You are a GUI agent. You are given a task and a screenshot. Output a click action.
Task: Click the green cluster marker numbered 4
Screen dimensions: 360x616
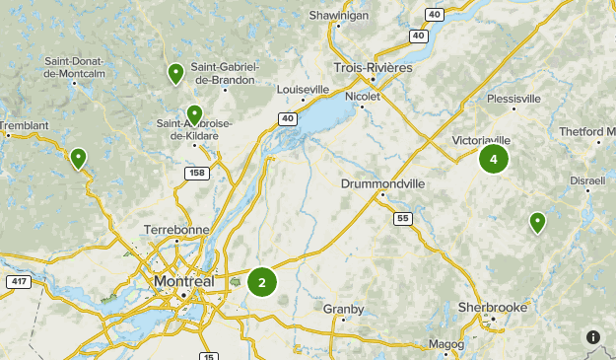click(x=493, y=158)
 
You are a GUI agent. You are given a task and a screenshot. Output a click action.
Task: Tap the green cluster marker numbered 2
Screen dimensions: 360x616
click(x=262, y=283)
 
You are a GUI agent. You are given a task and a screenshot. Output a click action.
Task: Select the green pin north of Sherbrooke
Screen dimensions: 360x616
click(x=537, y=222)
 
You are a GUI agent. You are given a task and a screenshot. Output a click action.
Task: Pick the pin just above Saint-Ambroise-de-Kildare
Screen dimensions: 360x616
click(x=195, y=114)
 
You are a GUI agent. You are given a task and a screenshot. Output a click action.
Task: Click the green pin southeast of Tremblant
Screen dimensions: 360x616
click(x=78, y=157)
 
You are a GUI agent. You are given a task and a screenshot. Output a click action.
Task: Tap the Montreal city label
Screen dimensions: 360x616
click(x=183, y=282)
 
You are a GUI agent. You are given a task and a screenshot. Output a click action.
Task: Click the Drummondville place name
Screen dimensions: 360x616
click(x=382, y=183)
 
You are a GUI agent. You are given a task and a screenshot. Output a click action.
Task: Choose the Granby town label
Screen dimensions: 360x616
click(x=343, y=309)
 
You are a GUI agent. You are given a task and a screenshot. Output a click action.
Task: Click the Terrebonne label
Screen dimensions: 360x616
click(x=176, y=229)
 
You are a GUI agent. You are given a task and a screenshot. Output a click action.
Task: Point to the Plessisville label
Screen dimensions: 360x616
click(x=513, y=99)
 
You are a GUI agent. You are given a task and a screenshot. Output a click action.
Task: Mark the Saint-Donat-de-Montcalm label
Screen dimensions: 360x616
click(x=75, y=66)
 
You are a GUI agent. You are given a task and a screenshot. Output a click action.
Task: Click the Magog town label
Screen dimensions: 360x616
click(x=445, y=344)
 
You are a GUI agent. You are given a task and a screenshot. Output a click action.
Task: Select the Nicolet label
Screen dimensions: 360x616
click(x=363, y=96)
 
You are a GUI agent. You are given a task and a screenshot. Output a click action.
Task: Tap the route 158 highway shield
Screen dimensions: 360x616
click(x=196, y=174)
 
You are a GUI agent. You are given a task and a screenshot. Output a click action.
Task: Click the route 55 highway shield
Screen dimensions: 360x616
click(x=401, y=217)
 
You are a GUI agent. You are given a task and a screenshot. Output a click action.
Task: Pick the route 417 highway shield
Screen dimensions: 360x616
click(x=17, y=282)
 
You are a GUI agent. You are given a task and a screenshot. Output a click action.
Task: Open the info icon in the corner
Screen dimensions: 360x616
click(x=593, y=337)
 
